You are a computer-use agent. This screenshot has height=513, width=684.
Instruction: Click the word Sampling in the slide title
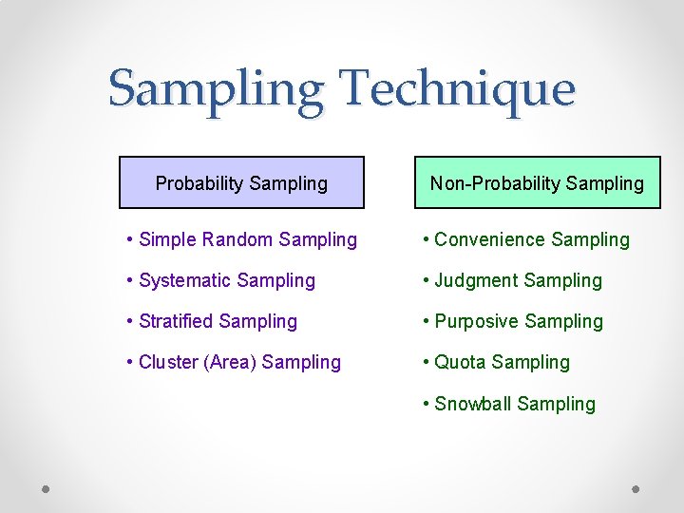point(217,90)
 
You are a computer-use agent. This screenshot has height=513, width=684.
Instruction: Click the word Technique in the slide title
point(457,90)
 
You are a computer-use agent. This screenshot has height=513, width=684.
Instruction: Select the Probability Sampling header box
point(241,182)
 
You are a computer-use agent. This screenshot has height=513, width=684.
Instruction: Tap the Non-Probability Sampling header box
point(537,182)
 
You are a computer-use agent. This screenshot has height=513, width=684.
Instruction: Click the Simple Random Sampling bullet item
point(242,239)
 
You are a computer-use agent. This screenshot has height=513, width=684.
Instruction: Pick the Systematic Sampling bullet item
point(221,280)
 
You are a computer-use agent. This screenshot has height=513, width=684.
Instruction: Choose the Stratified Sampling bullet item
point(212,321)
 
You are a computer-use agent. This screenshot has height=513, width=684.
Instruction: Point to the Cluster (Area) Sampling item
point(234,362)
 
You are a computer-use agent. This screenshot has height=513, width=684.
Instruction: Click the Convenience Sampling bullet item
point(526,239)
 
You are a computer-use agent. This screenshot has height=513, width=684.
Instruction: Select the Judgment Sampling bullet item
point(513,280)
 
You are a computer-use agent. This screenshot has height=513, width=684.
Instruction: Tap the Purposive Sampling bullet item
point(513,321)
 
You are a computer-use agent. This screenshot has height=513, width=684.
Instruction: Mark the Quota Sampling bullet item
point(497,362)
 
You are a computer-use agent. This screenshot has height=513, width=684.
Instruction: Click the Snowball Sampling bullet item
point(509,404)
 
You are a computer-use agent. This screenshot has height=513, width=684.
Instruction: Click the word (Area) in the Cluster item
point(228,362)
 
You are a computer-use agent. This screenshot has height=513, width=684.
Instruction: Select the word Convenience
point(489,239)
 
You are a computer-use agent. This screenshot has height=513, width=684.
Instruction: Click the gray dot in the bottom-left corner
point(47,489)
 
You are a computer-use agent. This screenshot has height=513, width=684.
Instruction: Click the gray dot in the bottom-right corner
point(636,489)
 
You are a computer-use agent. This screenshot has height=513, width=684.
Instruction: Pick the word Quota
point(461,362)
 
